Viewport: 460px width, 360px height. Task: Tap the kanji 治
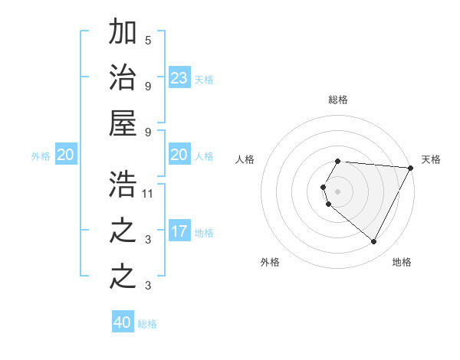pos(123,78)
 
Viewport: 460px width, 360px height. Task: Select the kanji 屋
pos(123,123)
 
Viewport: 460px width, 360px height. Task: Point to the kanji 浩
pos(123,185)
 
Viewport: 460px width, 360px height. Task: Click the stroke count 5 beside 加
pos(148,40)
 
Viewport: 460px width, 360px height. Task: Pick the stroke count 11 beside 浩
pos(148,194)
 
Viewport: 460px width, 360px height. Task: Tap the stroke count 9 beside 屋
pos(148,131)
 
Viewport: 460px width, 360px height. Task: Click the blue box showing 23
pos(179,78)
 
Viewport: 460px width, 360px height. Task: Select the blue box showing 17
pos(179,231)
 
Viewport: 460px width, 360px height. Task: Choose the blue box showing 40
pos(123,322)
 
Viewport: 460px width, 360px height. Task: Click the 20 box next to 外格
pos(65,155)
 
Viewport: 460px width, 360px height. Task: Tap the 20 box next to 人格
pos(179,155)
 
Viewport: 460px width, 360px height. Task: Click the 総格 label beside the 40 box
pos(147,324)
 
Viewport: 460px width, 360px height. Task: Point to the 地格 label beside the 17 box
pos(204,233)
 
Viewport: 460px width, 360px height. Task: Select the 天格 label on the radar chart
pos(431,159)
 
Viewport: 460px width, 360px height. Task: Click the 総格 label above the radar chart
pos(338,100)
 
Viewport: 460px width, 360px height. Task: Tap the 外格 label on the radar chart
pos(269,262)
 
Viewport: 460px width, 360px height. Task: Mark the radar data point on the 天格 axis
pos(411,168)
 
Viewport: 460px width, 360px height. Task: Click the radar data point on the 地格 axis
pos(374,241)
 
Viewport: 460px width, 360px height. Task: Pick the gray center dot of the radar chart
pos(338,191)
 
